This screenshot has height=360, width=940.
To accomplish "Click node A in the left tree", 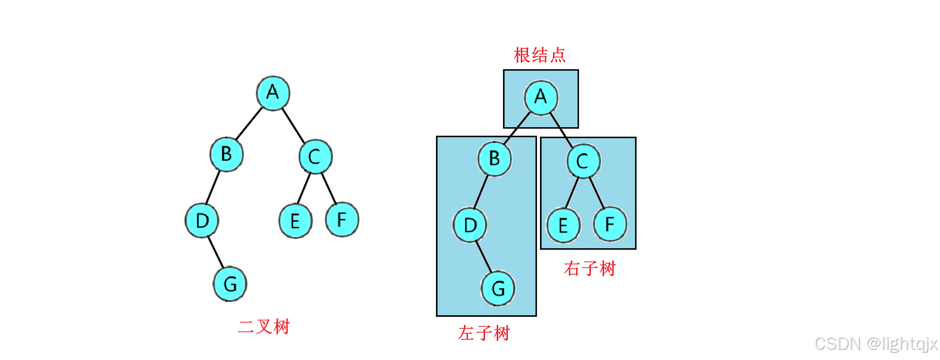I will [273, 93].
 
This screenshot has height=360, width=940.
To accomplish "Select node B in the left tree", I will [226, 154].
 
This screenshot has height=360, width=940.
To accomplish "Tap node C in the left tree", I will [315, 157].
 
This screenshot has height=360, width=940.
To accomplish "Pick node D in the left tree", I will [202, 221].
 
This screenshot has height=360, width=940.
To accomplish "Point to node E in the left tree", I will [295, 221].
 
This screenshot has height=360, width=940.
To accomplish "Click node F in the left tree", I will [342, 219].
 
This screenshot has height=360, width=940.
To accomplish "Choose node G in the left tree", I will [230, 284].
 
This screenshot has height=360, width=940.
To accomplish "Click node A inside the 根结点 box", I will [541, 97].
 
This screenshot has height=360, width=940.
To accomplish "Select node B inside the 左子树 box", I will [495, 158].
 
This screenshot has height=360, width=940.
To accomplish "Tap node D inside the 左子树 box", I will [470, 225].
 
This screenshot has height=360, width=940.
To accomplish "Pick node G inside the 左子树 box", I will [498, 289].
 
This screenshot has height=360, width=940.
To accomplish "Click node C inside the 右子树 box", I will [583, 161].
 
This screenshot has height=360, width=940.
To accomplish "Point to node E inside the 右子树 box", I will [563, 225].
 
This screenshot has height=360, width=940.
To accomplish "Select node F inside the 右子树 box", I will [610, 224].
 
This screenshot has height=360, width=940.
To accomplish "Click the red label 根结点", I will [539, 55].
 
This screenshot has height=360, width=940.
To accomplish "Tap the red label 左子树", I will [484, 333].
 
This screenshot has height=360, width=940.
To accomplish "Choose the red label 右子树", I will [590, 269].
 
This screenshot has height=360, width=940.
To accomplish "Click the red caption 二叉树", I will [264, 327].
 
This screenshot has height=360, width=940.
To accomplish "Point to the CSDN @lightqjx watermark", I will [876, 344].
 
